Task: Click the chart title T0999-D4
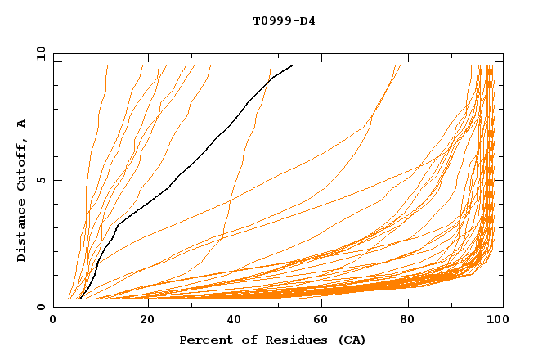pos(284,20)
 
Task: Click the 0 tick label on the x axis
pos(53,322)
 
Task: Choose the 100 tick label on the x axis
pos(495,322)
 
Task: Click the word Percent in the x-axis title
pos(204,340)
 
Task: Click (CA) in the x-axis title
pos(352,340)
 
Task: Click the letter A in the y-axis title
pos(22,124)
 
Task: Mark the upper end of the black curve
pos(292,65)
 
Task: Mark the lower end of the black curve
pos(79,299)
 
